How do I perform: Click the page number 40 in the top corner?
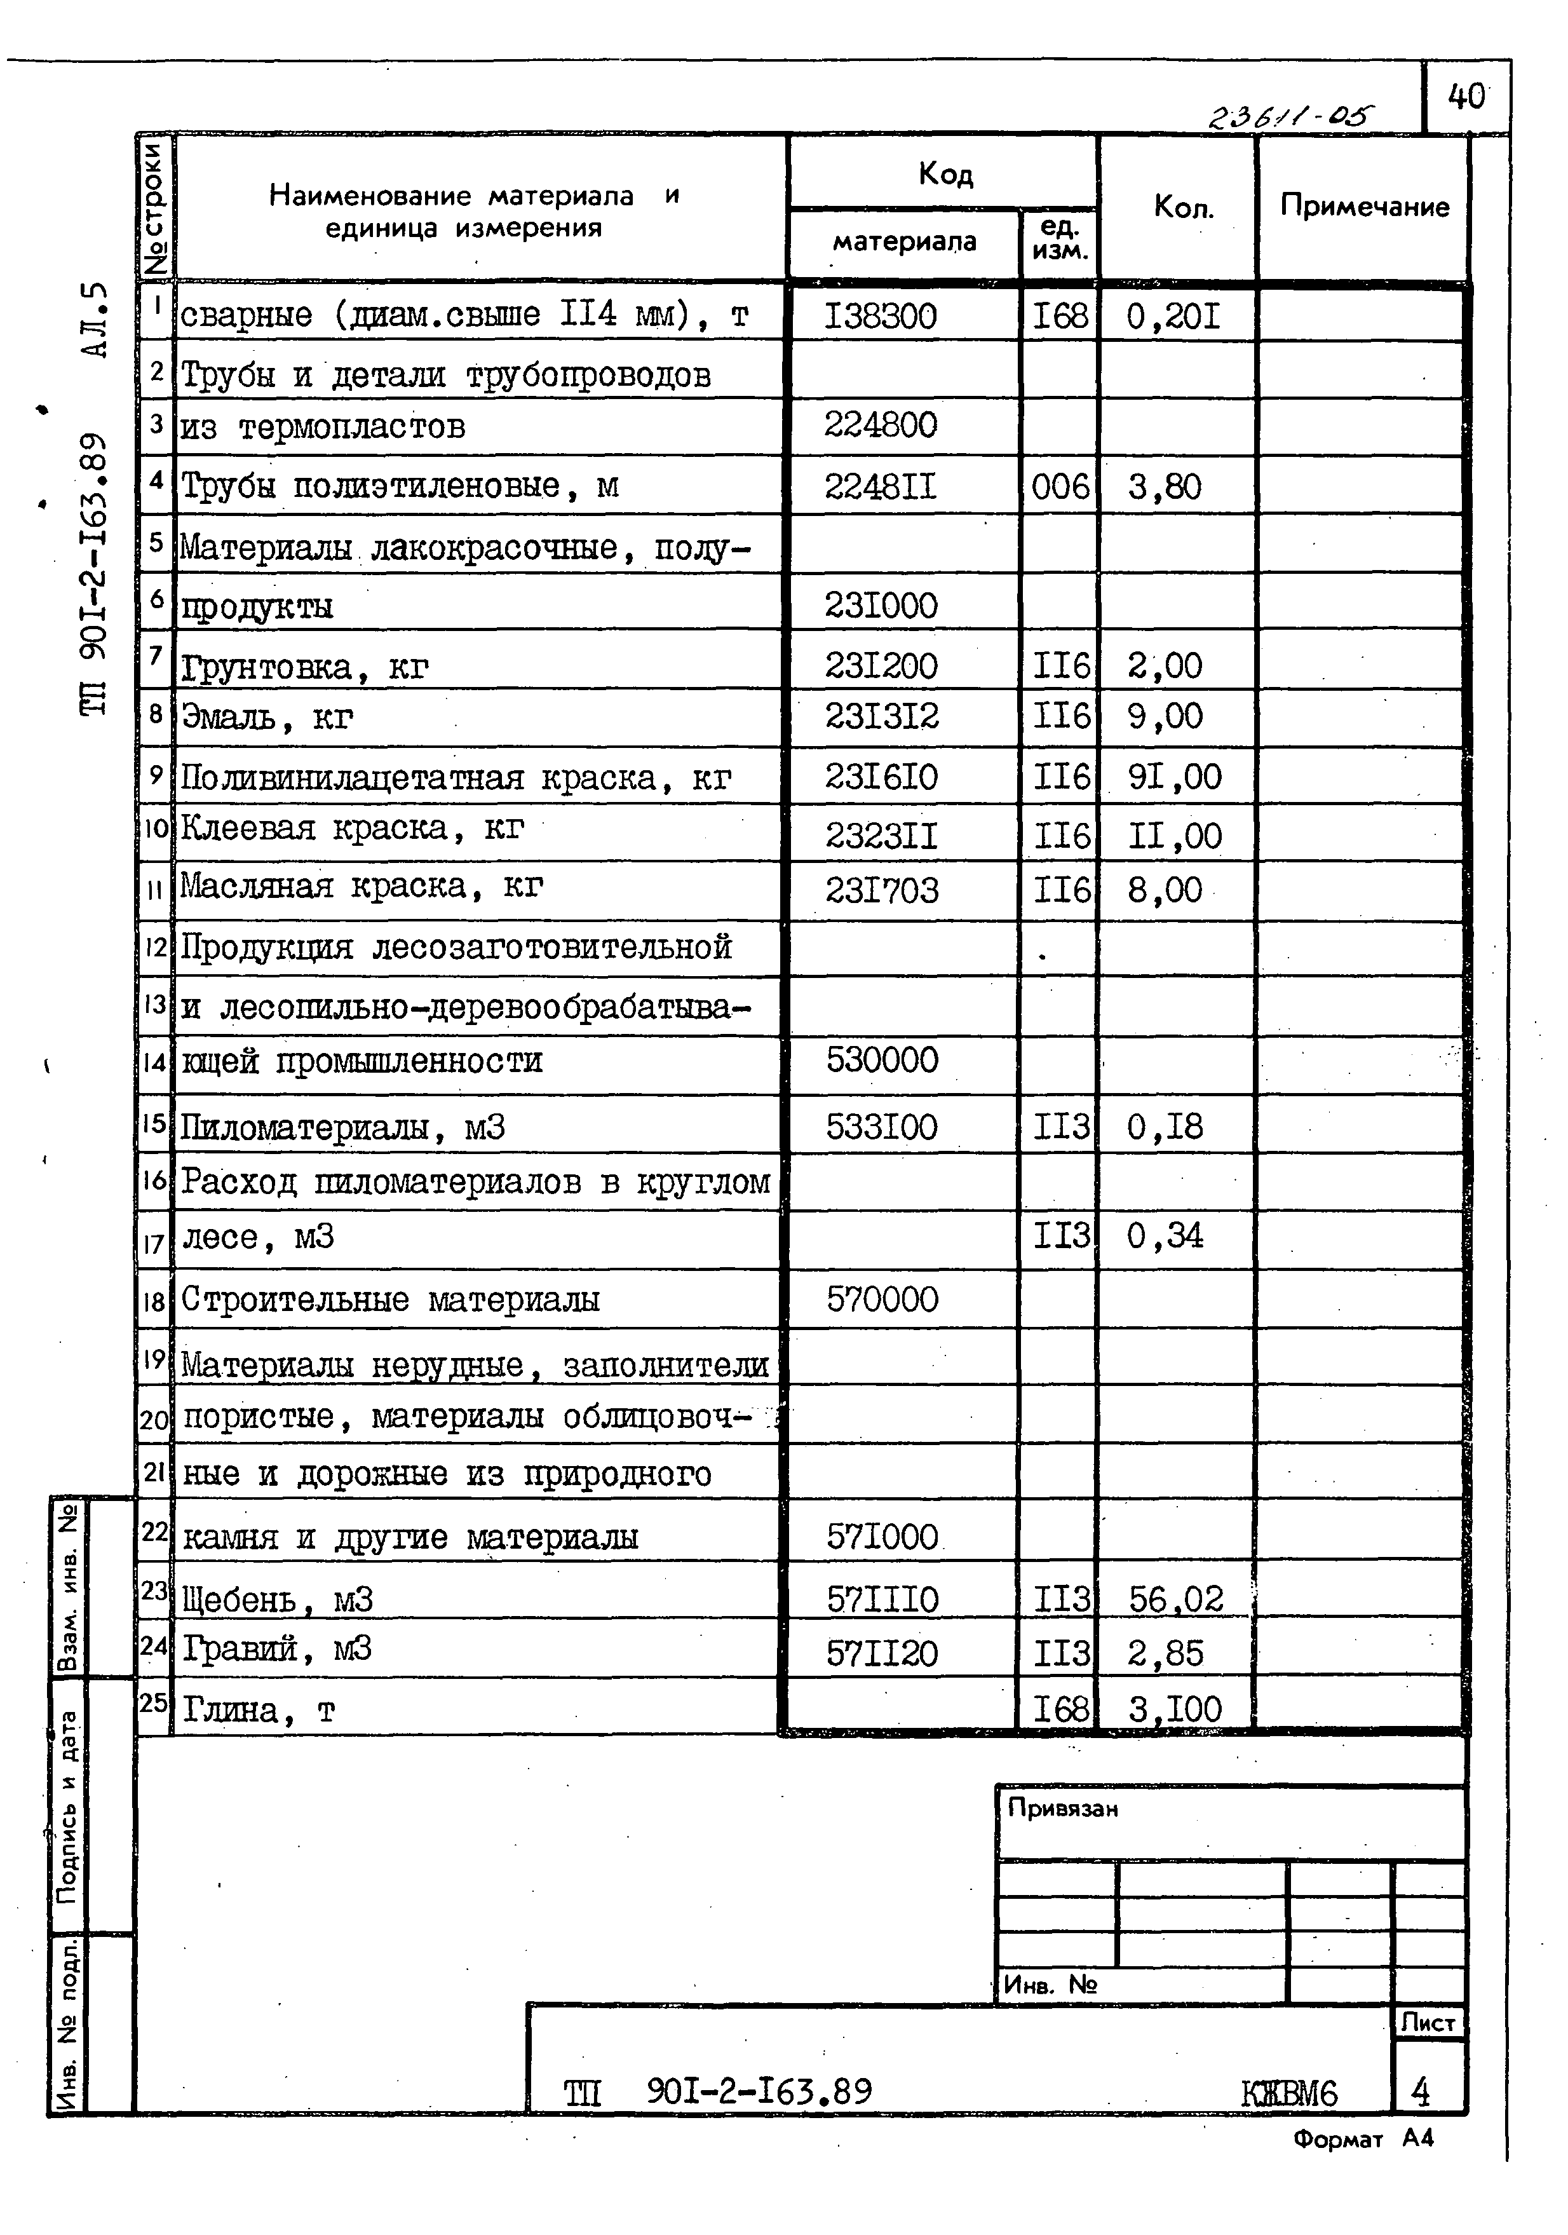[1466, 97]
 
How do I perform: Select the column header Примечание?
[1363, 207]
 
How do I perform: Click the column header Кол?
[1182, 207]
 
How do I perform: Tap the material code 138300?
[880, 316]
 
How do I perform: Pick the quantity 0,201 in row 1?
[1173, 316]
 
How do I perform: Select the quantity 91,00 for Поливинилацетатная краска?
[1174, 777]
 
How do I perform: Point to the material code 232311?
[881, 835]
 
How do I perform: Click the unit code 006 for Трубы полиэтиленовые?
[1060, 486]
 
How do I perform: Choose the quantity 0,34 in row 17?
[1165, 1236]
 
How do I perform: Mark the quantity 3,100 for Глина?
[1175, 1709]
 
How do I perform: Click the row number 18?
[154, 1300]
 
